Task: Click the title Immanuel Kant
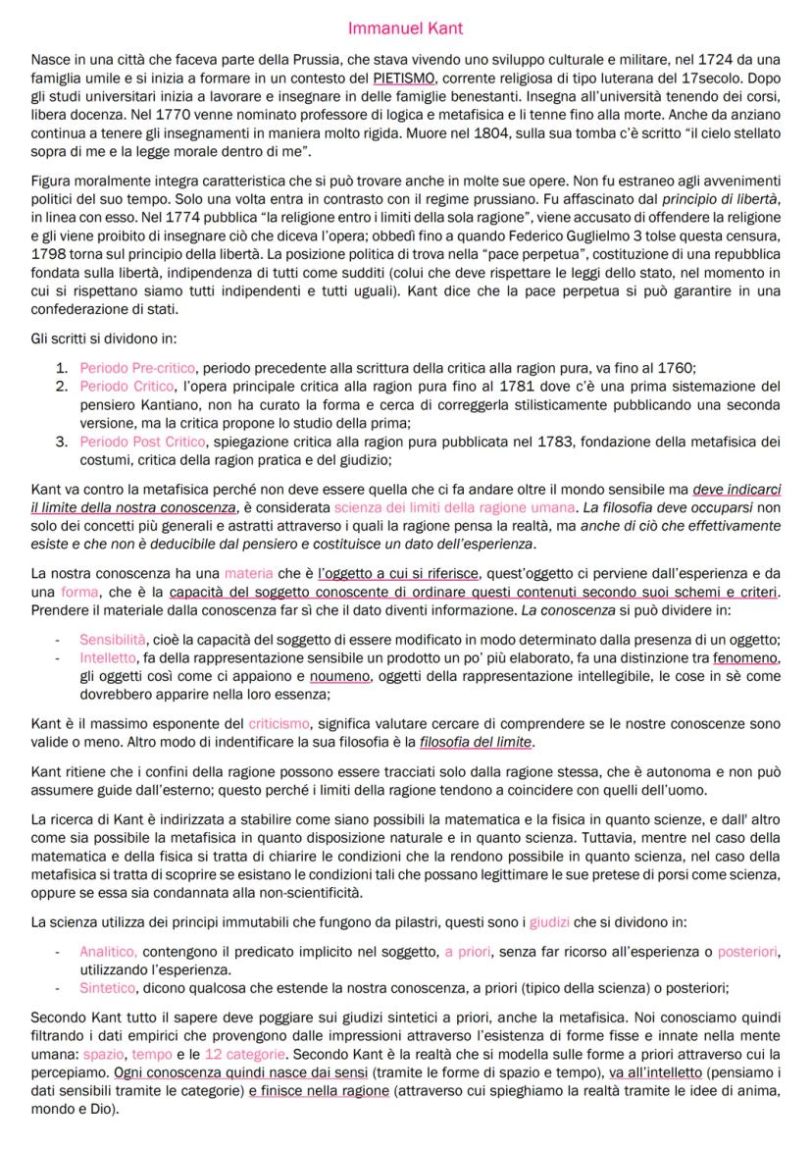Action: click(406, 28)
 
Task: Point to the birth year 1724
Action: click(709, 61)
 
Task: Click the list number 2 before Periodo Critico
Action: click(60, 387)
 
